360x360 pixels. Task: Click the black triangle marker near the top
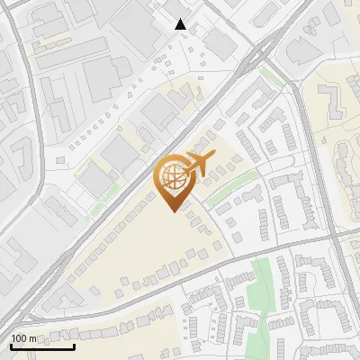181,24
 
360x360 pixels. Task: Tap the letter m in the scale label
33,338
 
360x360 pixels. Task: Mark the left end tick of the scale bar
11,346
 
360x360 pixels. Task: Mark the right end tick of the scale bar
75,346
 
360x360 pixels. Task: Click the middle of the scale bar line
42,347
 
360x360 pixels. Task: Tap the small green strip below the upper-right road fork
270,75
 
